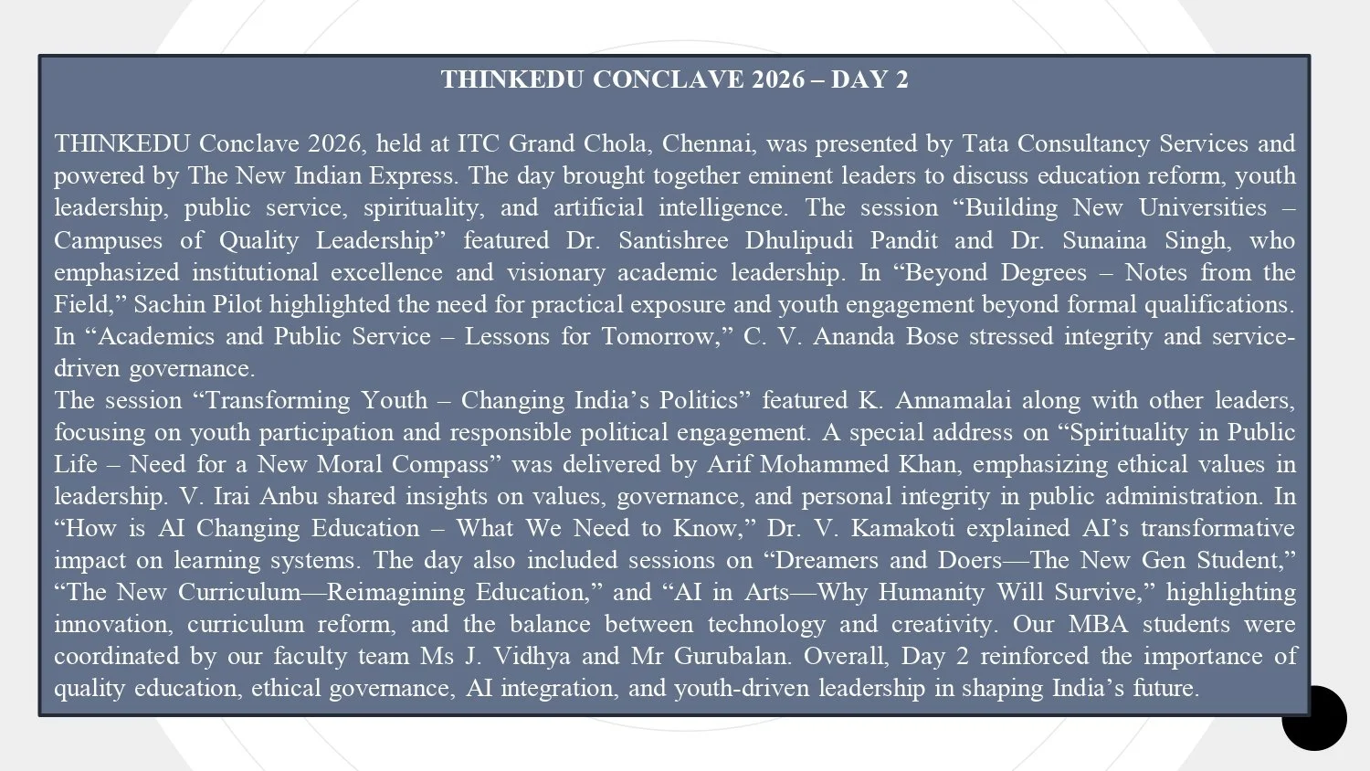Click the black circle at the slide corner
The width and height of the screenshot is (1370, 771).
point(1314,718)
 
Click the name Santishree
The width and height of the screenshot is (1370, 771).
point(673,240)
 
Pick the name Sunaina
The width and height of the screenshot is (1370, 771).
point(1106,240)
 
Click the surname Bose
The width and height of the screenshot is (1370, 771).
point(932,336)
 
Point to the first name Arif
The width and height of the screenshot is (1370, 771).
point(729,464)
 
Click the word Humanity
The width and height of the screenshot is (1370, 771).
point(931,592)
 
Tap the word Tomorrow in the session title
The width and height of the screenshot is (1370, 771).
point(658,336)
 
